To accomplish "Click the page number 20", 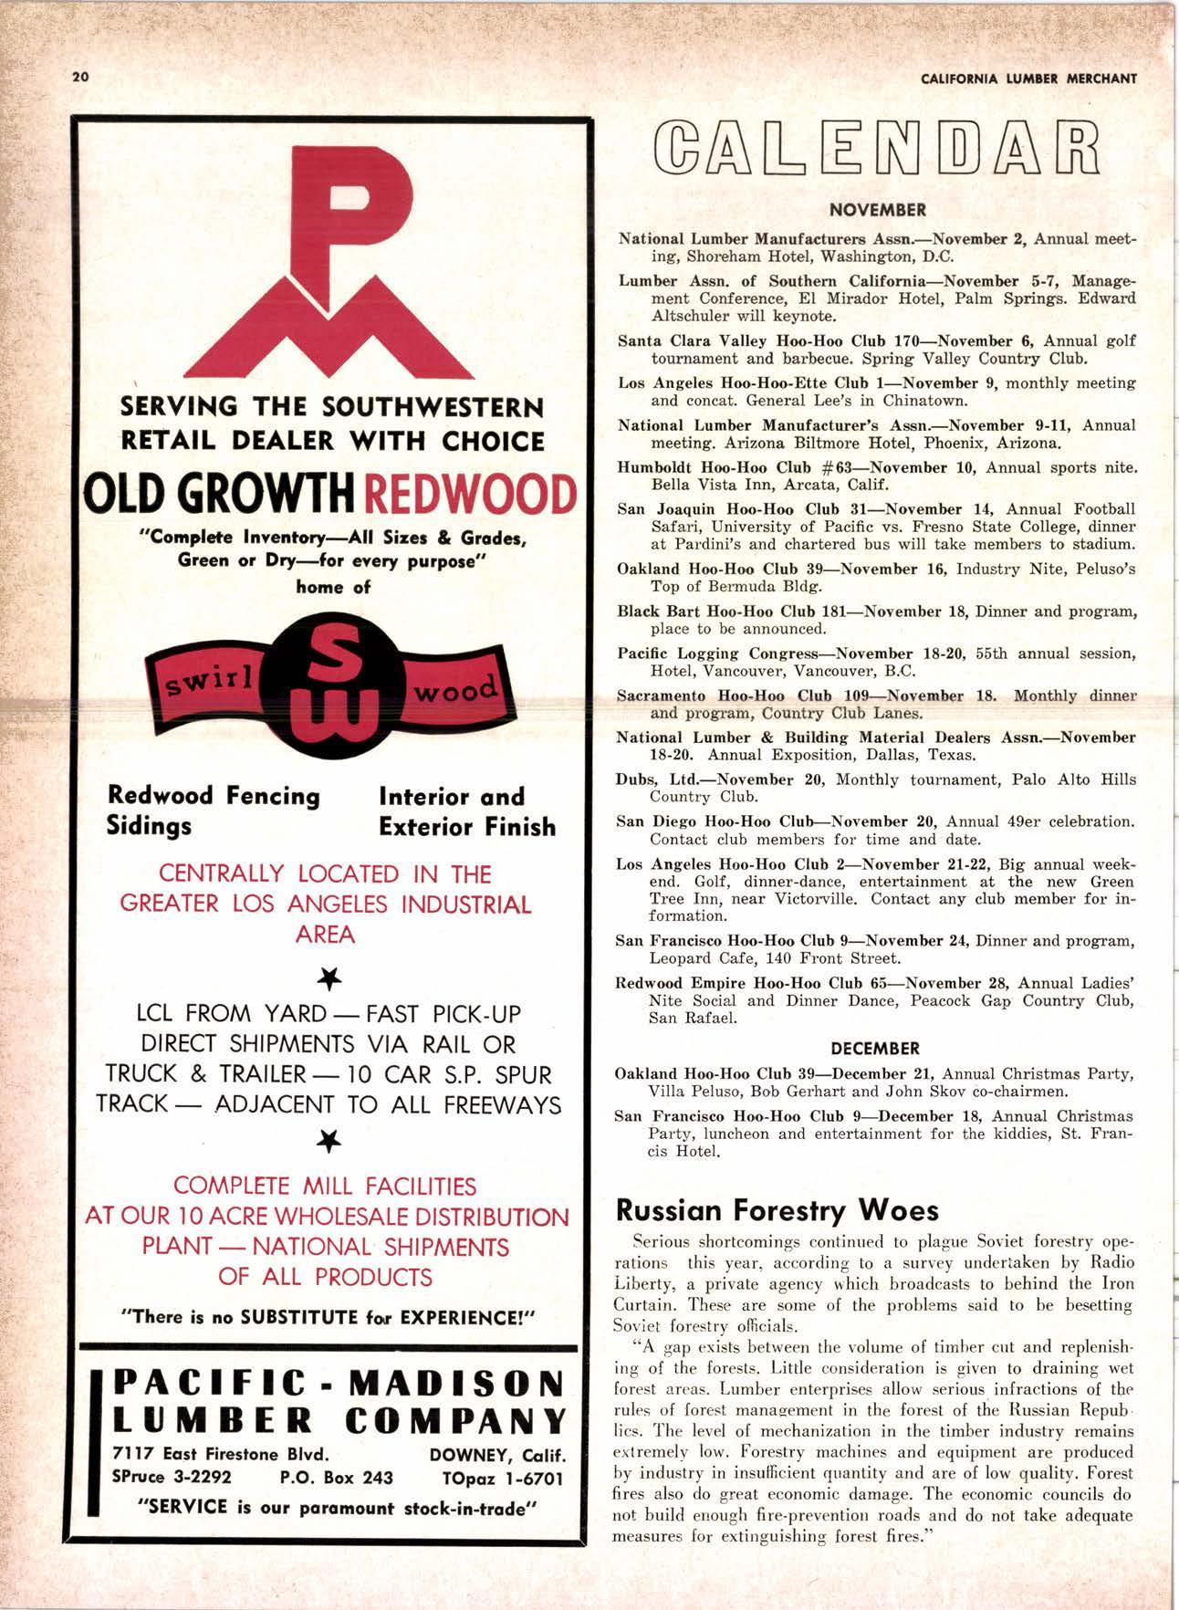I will [x=79, y=77].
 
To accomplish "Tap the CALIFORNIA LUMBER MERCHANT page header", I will [x=1029, y=78].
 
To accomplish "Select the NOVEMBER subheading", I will [x=877, y=209].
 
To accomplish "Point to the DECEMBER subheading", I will [x=875, y=1048].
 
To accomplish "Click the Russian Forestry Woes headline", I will [x=777, y=1210].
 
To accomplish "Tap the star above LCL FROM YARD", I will [x=327, y=979].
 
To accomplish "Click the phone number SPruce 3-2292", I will [x=171, y=1477].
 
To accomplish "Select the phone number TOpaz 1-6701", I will [x=503, y=1477].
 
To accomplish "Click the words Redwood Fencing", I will [x=214, y=796].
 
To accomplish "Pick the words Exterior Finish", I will [x=466, y=827].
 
